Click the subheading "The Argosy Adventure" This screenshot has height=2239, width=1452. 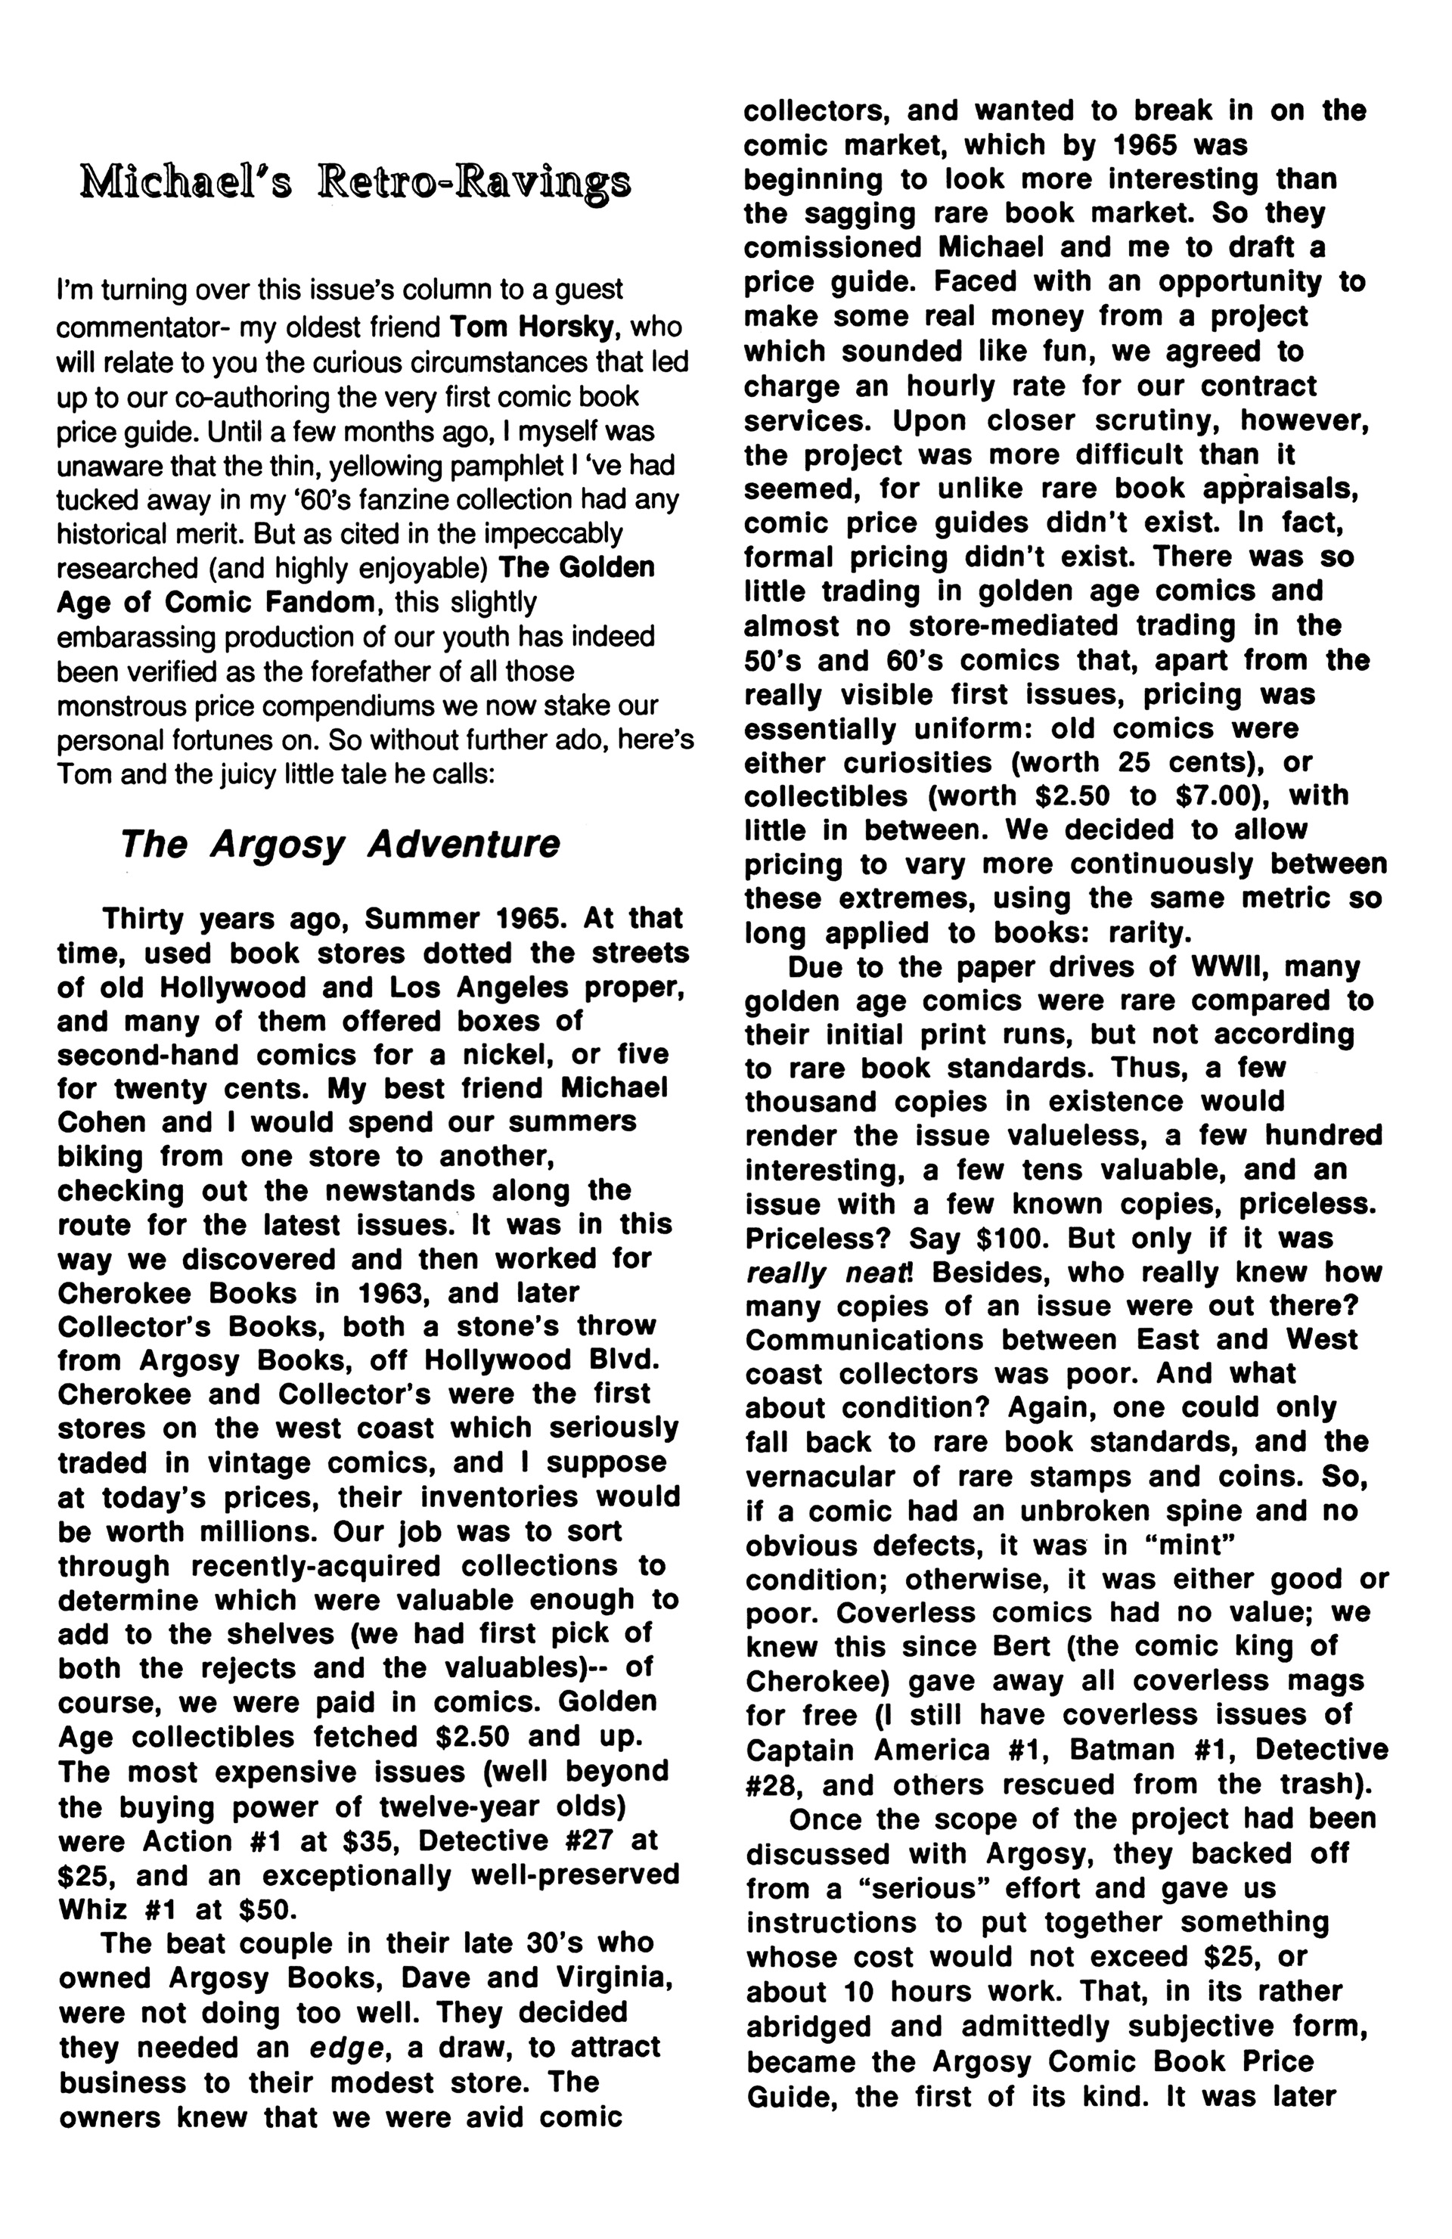coord(340,844)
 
